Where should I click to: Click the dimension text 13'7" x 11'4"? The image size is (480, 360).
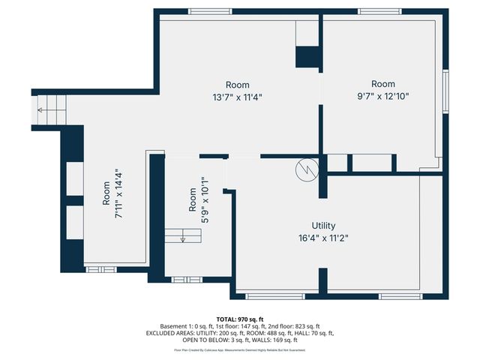click(x=238, y=97)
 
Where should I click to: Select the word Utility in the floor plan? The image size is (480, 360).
click(x=323, y=226)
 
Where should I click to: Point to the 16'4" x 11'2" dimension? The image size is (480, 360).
click(x=323, y=238)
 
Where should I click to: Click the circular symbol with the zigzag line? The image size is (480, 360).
click(x=306, y=169)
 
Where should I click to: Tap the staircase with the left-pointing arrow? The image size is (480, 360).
click(x=53, y=109)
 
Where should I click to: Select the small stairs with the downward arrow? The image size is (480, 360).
click(x=184, y=236)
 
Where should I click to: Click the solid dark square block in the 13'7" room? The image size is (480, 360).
click(x=308, y=58)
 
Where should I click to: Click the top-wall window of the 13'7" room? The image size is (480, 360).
click(x=210, y=11)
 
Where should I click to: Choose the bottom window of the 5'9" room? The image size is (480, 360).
click(x=186, y=280)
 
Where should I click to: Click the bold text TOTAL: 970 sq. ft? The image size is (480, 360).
click(x=240, y=319)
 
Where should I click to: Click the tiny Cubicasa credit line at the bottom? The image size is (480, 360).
click(x=240, y=349)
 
